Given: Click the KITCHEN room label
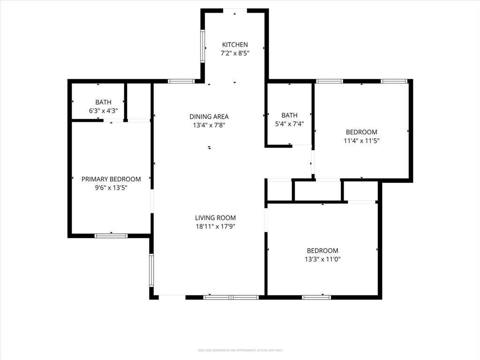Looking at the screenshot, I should (235, 45).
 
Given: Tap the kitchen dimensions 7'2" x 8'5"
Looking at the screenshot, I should (235, 53).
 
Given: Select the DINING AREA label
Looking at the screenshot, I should (209, 116).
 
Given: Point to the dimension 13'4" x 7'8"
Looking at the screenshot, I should (209, 125).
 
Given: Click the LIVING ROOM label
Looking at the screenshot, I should (215, 217).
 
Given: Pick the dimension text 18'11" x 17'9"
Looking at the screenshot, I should (215, 226).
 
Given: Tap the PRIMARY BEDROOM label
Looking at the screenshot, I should (111, 179).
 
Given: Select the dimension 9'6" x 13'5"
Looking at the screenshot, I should (111, 187).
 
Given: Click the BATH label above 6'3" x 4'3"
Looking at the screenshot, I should (103, 102).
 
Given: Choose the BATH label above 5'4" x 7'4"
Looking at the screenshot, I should (289, 115).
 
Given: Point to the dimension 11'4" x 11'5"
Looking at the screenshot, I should (361, 141).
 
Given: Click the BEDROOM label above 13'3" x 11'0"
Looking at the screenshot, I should (322, 251).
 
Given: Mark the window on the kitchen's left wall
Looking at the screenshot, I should (203, 46).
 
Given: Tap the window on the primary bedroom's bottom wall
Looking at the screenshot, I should (111, 235).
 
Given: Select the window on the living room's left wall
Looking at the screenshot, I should (151, 270).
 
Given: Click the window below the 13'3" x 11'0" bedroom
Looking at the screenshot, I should (316, 297).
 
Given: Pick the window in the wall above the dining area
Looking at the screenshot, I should (181, 81).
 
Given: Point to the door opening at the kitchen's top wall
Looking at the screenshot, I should (235, 10).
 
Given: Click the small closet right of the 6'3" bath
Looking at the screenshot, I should (139, 102).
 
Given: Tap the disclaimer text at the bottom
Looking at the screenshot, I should (240, 350).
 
